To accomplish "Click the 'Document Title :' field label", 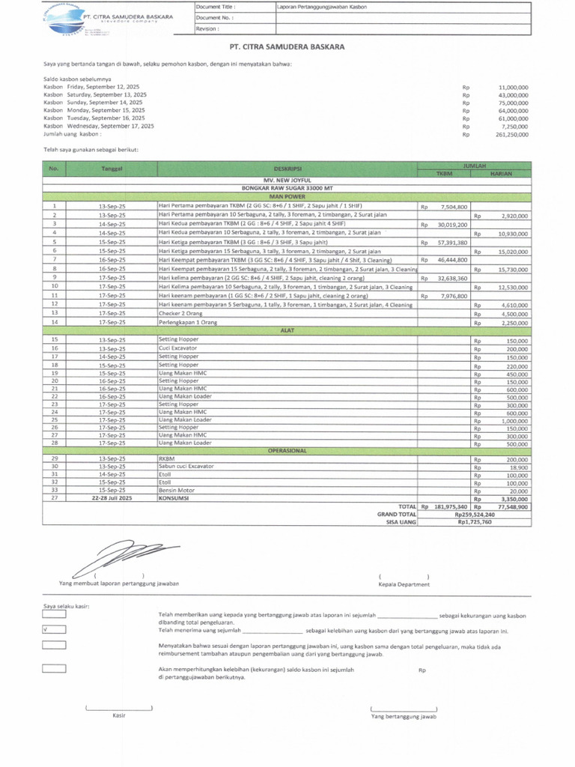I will coord(218,7).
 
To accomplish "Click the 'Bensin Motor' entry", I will coord(176,490).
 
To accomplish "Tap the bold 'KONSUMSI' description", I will coord(174,498).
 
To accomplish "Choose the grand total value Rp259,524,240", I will coord(474,515).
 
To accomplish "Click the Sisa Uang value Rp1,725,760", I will coord(474,523).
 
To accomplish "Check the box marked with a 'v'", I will coord(55,629).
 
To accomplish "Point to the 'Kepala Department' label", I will coord(404,583).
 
